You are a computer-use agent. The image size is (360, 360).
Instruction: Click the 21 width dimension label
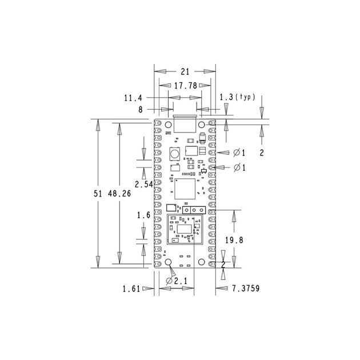(185, 71)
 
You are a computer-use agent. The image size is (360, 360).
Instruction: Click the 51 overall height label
(98, 194)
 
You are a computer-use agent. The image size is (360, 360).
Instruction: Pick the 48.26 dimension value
(119, 194)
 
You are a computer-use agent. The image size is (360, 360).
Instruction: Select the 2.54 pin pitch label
(143, 185)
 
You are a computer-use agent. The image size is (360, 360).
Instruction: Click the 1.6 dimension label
(143, 215)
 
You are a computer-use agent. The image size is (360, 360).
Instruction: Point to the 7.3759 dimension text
(246, 289)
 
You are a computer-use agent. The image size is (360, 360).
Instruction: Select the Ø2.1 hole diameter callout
(177, 281)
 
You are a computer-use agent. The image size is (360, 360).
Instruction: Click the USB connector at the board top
(185, 125)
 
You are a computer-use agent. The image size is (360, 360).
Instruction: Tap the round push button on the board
(175, 153)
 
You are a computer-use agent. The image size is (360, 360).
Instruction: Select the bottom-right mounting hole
(201, 262)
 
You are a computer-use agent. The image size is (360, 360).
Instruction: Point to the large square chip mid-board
(185, 189)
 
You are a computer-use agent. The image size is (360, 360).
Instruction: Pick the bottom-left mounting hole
(169, 262)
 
